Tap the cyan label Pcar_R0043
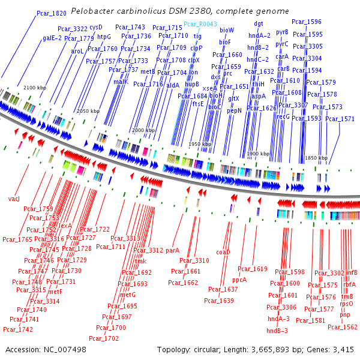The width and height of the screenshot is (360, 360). point(201,24)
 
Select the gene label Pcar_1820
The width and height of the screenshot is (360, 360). point(52,13)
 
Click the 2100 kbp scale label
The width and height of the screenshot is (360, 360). point(35,88)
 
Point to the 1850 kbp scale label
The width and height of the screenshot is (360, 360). point(316,158)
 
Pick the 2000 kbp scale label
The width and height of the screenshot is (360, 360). point(143,130)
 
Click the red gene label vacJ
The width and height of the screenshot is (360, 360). point(14,198)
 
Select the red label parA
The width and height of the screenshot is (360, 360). point(173,250)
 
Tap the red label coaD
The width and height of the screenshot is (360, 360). point(223,253)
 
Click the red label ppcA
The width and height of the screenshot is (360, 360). point(239,280)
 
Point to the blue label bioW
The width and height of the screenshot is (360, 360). point(227,30)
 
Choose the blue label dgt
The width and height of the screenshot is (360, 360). point(259,24)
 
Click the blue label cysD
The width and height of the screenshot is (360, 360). point(96,28)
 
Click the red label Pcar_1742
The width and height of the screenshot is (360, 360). point(18,329)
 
